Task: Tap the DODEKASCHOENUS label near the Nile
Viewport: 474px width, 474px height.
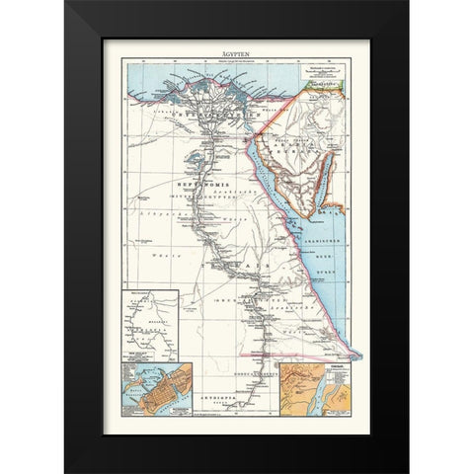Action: [x=255, y=375]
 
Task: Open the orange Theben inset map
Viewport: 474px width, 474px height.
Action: [x=314, y=391]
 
